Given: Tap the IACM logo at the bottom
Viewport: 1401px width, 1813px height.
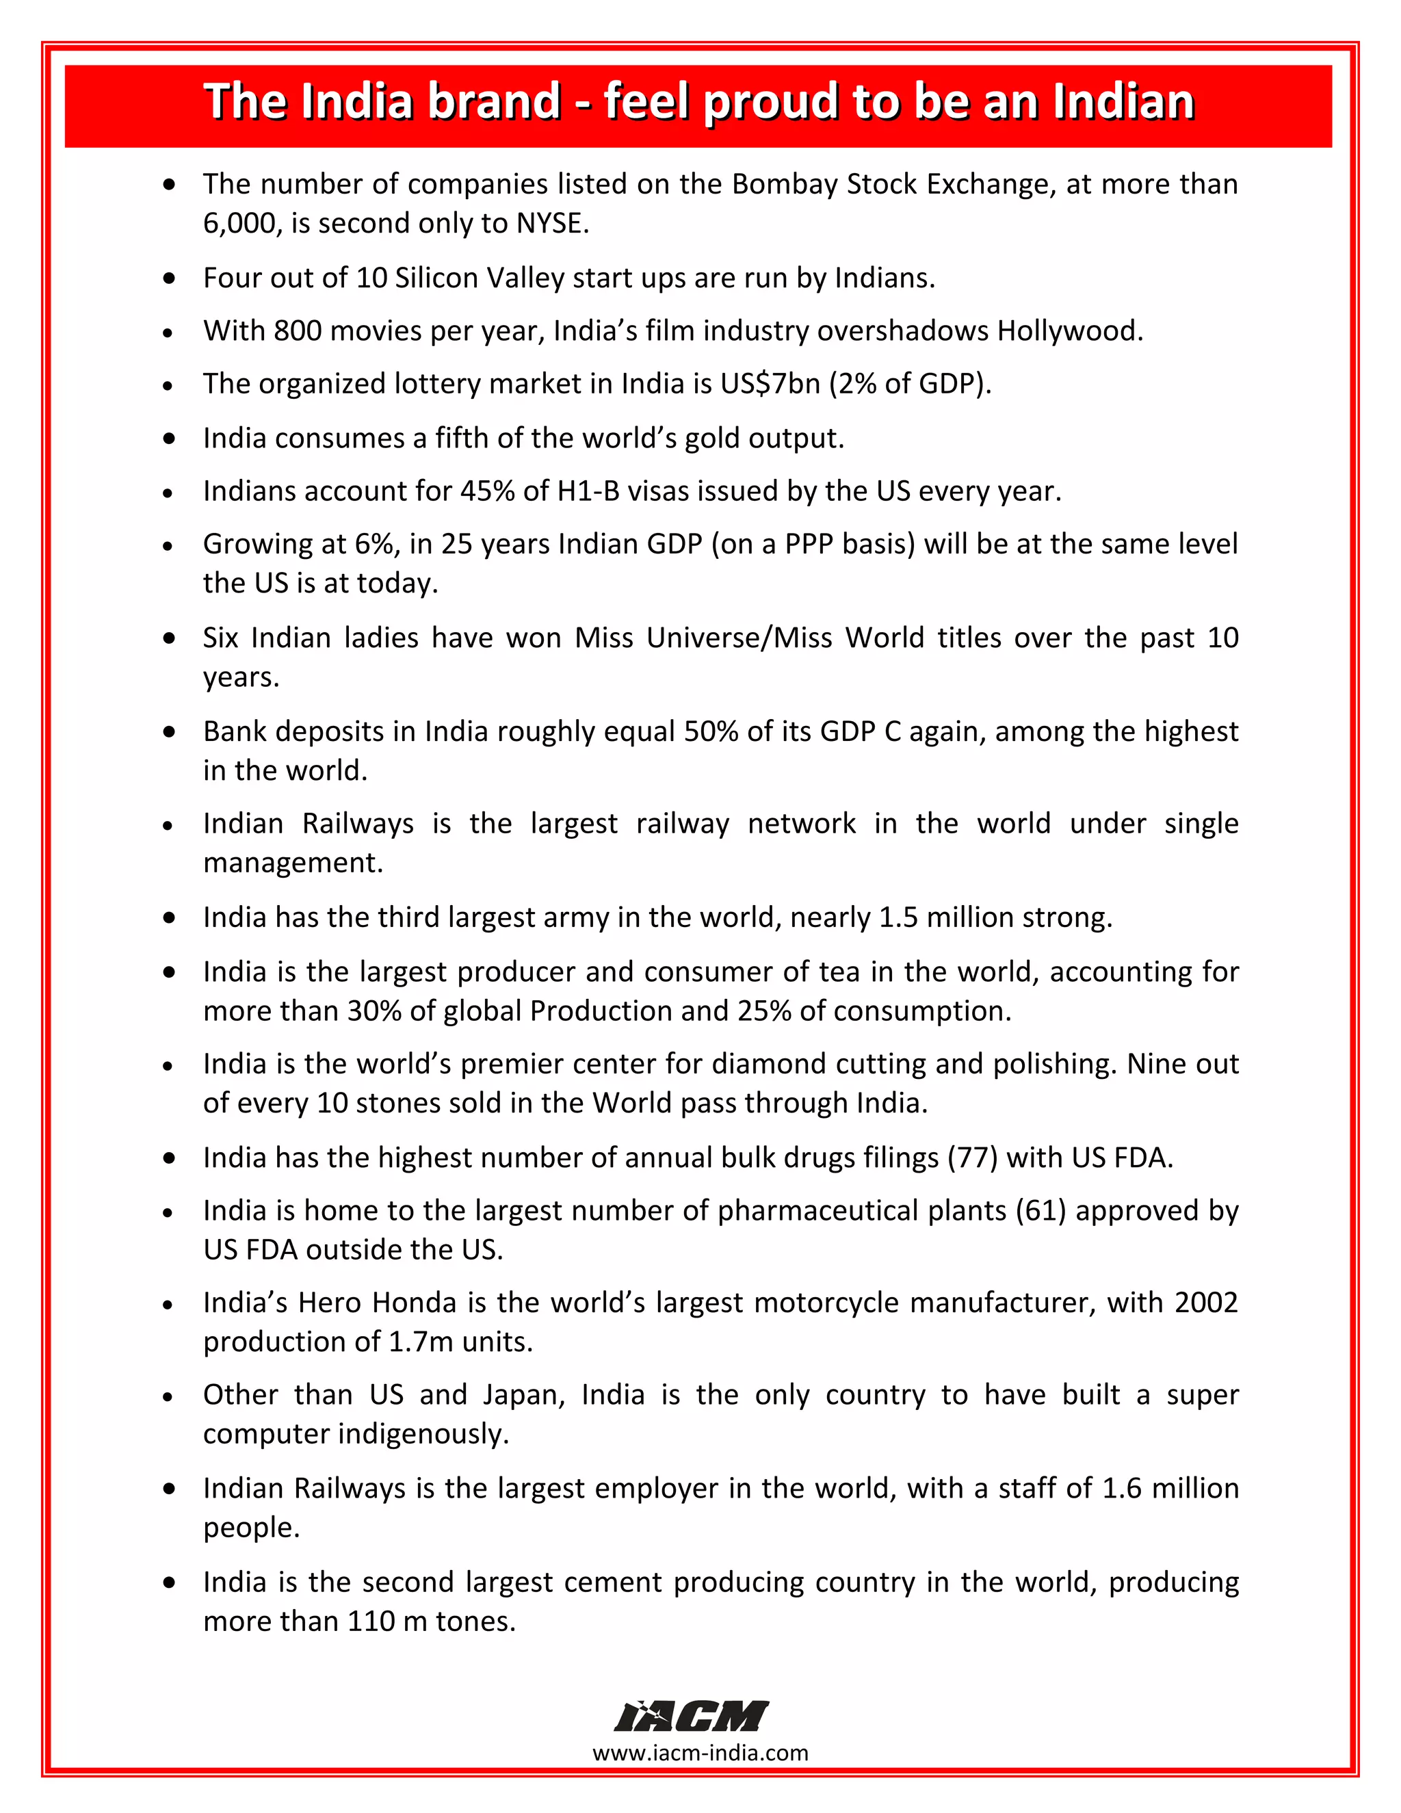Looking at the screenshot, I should (x=692, y=1716).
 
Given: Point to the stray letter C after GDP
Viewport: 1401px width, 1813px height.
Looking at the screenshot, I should (x=892, y=731).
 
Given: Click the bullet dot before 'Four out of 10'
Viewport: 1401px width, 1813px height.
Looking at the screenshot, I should (x=170, y=278).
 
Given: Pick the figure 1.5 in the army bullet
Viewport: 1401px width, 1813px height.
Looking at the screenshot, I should (x=898, y=917).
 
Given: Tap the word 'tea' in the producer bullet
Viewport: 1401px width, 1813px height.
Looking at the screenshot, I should (x=839, y=971).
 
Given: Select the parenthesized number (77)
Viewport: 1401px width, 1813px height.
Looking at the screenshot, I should (x=972, y=1157).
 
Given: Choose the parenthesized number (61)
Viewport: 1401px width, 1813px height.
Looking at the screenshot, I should (x=1040, y=1210).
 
